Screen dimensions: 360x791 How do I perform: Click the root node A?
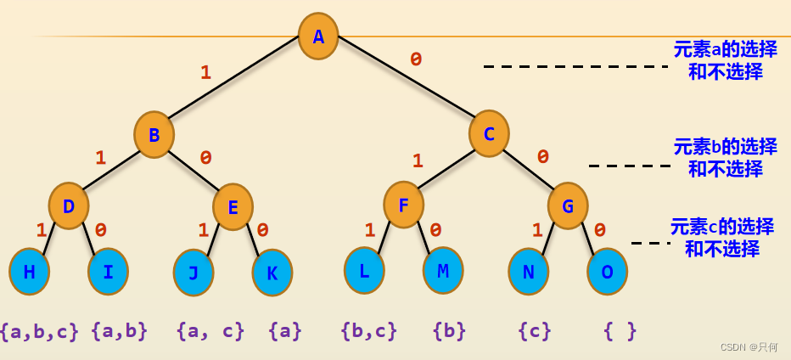tap(318, 37)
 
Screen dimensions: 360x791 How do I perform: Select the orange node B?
tap(154, 135)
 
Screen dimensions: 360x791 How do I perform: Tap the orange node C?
tap(489, 133)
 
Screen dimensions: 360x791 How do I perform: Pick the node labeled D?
tap(69, 206)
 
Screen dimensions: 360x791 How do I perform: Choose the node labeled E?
tap(233, 207)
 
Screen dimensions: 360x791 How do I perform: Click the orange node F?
tap(403, 205)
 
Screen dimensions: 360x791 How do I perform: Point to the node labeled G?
tap(568, 206)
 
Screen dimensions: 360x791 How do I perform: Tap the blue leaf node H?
tap(30, 272)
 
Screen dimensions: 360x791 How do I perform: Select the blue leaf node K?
tap(272, 273)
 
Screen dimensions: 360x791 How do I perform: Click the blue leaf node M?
tap(443, 271)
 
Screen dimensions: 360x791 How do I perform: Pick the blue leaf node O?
tap(608, 272)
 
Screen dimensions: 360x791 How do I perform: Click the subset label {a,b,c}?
tap(40, 330)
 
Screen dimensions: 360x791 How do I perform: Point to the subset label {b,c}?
tap(368, 330)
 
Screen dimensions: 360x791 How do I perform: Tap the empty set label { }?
tap(620, 330)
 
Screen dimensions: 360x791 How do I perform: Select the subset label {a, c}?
tap(210, 330)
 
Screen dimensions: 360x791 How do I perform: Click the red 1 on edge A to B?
tap(205, 73)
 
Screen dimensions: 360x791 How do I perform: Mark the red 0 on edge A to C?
tap(416, 59)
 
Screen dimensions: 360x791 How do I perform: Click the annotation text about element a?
tap(725, 60)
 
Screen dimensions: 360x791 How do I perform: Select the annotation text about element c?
tap(721, 238)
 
